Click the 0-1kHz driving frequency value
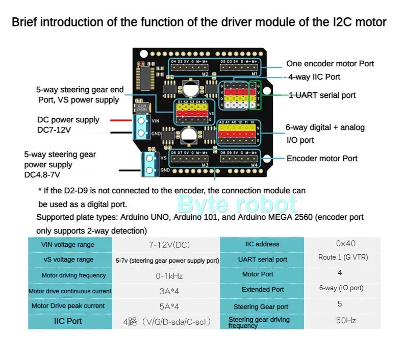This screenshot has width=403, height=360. click(169, 276)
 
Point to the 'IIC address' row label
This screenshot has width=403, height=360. click(262, 244)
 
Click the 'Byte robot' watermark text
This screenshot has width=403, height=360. click(237, 204)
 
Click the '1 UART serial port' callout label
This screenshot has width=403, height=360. click(322, 95)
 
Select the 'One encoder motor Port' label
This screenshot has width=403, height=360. click(330, 64)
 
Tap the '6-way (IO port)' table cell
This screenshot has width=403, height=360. click(341, 288)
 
